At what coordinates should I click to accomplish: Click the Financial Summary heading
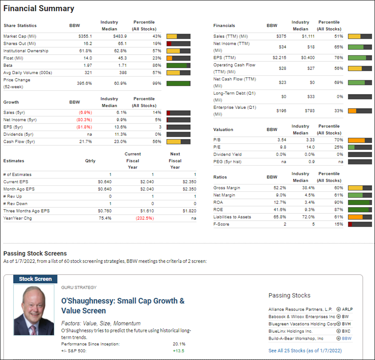point(39,9)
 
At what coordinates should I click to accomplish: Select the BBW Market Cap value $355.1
point(85,36)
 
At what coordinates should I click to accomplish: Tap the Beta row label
point(8,65)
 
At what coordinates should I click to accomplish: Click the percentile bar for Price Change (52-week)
point(178,84)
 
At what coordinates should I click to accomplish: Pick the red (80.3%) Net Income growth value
point(84,120)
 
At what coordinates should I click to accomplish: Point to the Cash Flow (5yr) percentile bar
point(178,142)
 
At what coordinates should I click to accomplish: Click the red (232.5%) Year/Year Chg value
point(145,218)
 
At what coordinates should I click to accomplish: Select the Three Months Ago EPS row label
point(26,211)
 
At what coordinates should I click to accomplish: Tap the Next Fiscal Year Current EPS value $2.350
point(189,182)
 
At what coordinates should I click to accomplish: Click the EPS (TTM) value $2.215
point(279,58)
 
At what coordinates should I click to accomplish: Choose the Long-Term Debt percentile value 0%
point(340,97)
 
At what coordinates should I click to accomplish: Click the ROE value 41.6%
point(280,210)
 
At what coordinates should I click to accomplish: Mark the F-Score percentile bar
point(360,225)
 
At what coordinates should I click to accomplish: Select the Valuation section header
point(223,130)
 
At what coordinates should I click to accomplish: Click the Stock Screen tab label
point(35,279)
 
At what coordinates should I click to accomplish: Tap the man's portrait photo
point(34,310)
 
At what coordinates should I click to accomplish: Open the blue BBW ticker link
point(347,338)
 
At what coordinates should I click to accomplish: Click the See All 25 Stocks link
point(305,351)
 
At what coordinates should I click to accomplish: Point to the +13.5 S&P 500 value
point(178,351)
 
